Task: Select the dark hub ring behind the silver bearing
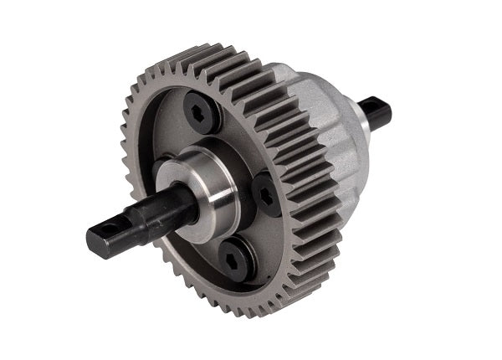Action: coord(243,167)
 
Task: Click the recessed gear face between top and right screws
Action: coord(243,142)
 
